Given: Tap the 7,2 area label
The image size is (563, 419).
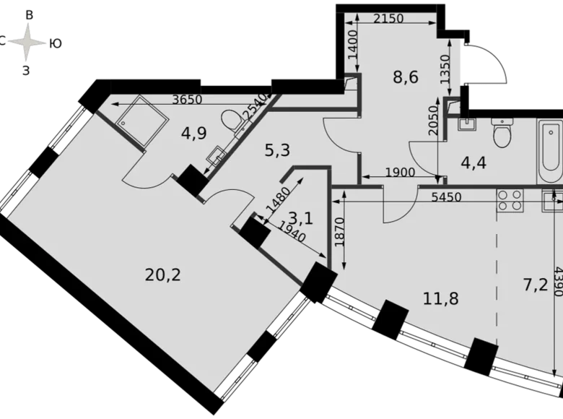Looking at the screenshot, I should pyautogui.click(x=535, y=284).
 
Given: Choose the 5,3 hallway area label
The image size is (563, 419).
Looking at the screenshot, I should pyautogui.click(x=277, y=150).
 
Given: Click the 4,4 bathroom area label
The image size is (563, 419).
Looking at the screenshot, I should pyautogui.click(x=472, y=161).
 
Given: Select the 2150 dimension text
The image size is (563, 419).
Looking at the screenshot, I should pyautogui.click(x=388, y=19).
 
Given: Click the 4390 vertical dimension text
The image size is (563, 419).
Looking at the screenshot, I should pyautogui.click(x=556, y=282).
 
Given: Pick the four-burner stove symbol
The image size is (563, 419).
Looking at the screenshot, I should pyautogui.click(x=510, y=199).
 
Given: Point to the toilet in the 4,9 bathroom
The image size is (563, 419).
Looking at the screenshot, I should pyautogui.click(x=232, y=121).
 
